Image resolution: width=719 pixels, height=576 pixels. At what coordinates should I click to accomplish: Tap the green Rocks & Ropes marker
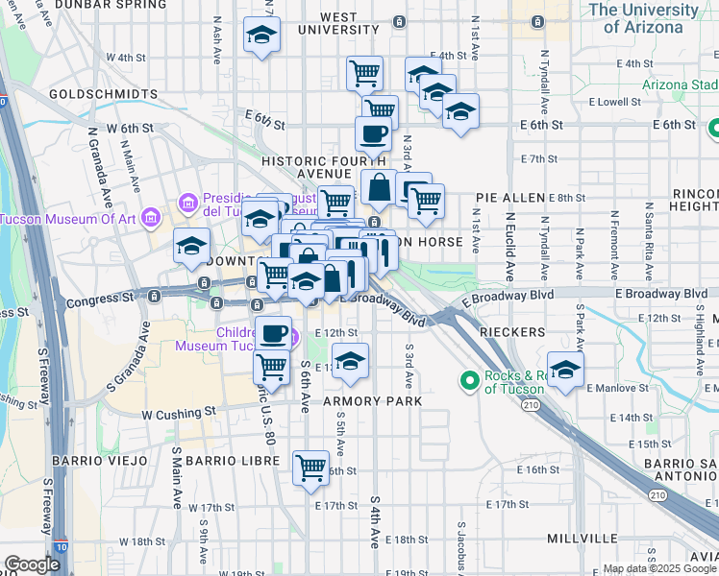click(x=470, y=381)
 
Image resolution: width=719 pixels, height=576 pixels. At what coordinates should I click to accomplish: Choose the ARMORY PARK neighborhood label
click(x=371, y=400)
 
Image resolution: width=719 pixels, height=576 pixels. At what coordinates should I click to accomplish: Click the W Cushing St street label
click(x=179, y=415)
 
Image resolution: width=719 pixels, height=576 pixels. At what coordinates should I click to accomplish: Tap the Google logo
click(x=32, y=564)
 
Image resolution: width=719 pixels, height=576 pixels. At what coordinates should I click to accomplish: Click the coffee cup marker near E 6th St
click(x=373, y=134)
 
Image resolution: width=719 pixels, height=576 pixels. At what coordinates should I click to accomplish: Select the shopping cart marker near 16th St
click(x=310, y=468)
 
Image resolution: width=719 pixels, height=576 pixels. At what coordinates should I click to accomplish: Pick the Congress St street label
click(x=99, y=300)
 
